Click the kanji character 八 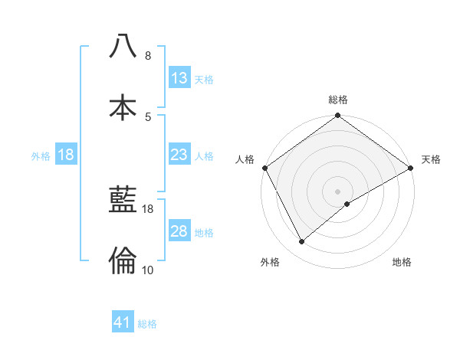coord(123,46)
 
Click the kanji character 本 coord(123,106)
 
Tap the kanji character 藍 coord(123,201)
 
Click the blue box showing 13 coord(179,78)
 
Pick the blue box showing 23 coord(179,155)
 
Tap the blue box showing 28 coord(179,231)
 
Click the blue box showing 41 coord(123,322)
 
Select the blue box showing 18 coord(66,155)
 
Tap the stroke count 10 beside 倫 coord(148,270)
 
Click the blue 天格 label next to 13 coord(204,80)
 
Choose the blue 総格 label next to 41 coord(147,324)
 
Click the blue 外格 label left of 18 coord(41,156)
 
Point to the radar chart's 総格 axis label coord(337,100)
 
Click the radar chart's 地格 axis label coord(402,262)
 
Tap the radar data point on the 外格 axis coord(302,242)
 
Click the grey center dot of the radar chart coord(337,191)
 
